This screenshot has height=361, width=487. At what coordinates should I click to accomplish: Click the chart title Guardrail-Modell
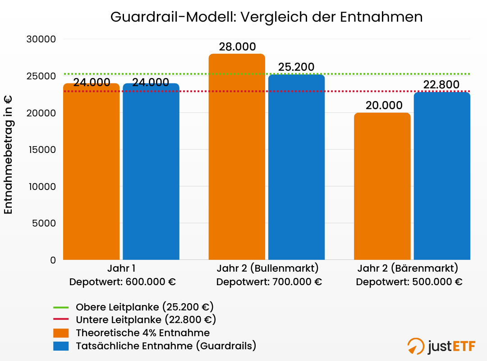point(266,17)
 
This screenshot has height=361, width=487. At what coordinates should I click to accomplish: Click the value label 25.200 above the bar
point(296,67)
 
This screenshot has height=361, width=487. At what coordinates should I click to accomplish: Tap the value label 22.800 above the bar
point(441,85)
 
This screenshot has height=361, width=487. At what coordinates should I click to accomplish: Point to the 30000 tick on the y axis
point(41,39)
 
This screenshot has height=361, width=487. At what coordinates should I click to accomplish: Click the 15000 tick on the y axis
point(41,150)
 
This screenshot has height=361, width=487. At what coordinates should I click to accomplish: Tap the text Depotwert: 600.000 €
point(122,282)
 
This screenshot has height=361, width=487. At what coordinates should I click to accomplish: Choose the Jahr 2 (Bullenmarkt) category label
point(267,268)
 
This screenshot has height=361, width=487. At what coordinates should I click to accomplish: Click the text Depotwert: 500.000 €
point(409,282)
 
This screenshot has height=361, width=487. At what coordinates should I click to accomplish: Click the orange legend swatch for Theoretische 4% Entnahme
point(61,333)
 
